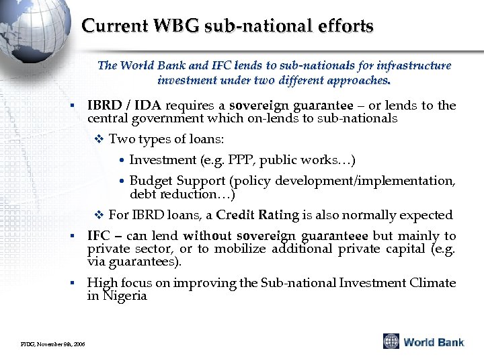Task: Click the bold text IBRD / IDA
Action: click(124, 106)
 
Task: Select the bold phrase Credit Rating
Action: click(257, 215)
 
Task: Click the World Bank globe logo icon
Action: click(391, 341)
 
